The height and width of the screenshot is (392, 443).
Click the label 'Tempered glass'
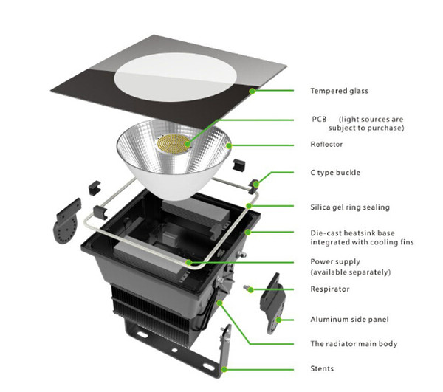(339, 91)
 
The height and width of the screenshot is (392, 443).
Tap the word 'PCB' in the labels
(319, 119)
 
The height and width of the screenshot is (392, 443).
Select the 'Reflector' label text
(326, 144)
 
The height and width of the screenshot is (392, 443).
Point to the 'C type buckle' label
(335, 173)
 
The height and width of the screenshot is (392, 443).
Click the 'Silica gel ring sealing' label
(350, 207)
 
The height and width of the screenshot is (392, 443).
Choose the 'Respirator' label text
(330, 289)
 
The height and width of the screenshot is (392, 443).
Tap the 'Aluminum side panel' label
(349, 320)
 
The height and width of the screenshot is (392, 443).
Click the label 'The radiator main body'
(354, 344)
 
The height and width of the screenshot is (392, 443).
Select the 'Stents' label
(322, 368)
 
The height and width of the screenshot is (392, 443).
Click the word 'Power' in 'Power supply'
(321, 261)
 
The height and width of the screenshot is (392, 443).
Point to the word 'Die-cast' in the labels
(326, 233)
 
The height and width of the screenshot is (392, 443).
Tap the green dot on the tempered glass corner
(253, 91)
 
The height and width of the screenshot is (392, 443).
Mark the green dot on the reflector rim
(229, 145)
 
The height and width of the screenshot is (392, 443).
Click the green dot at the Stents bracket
(224, 369)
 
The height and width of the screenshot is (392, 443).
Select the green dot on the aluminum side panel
(278, 320)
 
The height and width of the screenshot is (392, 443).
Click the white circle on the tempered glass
(175, 77)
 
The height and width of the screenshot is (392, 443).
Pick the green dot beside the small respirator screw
(251, 289)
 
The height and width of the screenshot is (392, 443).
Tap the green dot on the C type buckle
(256, 185)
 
